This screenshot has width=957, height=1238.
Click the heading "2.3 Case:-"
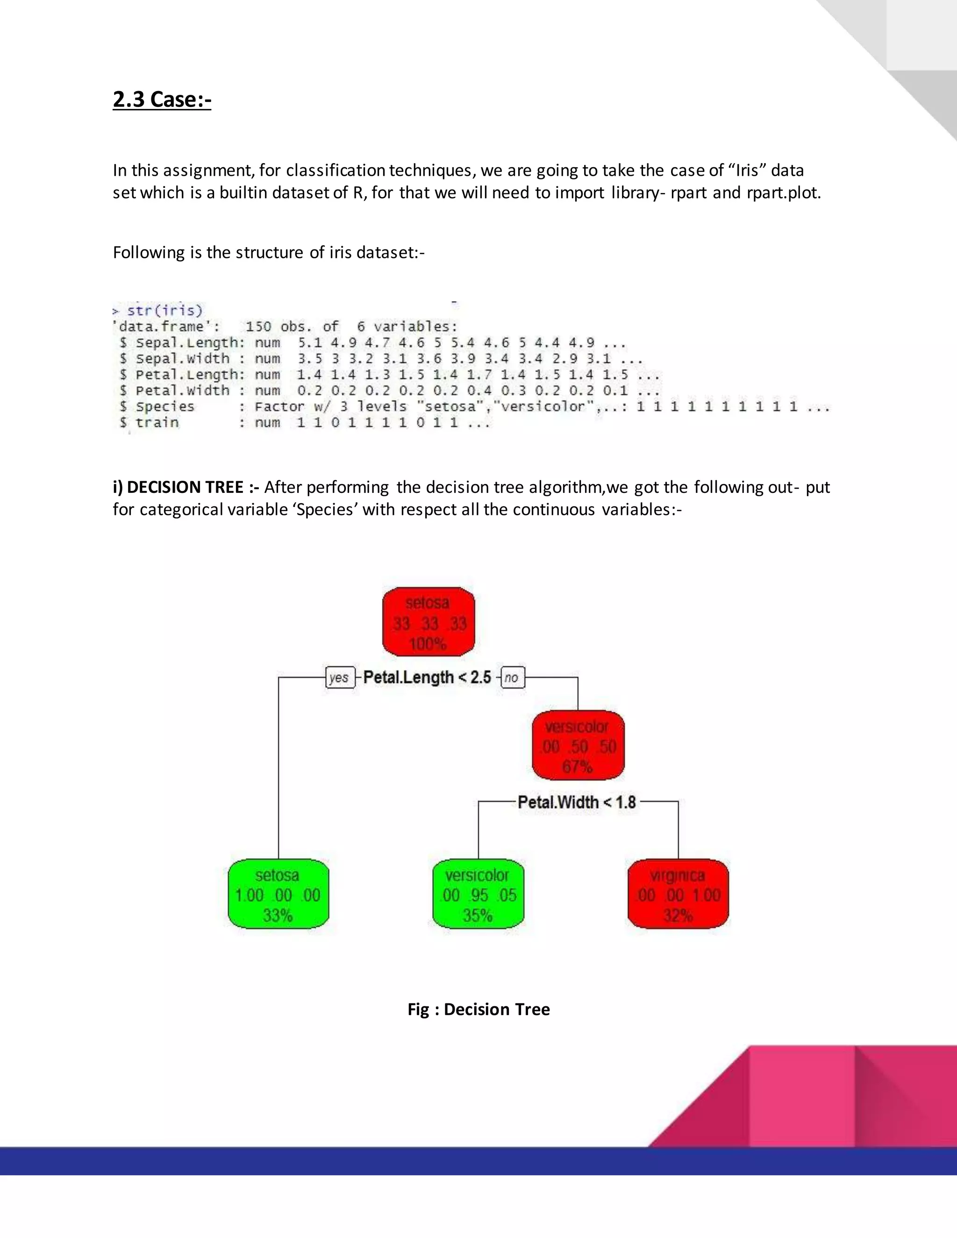pos(162,99)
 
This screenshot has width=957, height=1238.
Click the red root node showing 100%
pos(428,622)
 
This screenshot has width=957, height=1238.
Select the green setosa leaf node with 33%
pos(278,895)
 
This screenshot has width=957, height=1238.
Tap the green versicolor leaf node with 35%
pos(478,895)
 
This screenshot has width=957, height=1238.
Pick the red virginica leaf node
pos(678,895)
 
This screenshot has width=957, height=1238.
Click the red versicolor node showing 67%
pos(578,746)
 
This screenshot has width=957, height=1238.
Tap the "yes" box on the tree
pos(339,677)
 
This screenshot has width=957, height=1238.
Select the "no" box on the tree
pos(512,677)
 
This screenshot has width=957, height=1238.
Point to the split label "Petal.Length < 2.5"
pos(427,677)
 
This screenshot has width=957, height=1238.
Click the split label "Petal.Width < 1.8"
pos(577,802)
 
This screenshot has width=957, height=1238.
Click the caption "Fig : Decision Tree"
pos(478,1009)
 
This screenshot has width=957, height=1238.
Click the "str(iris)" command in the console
pos(164,311)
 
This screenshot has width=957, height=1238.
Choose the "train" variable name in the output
pos(157,422)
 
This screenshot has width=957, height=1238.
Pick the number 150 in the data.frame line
pos(258,327)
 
